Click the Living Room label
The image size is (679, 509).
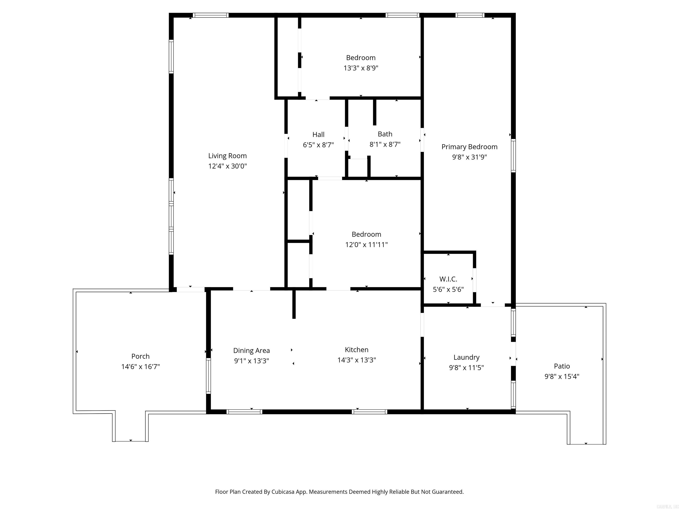227,156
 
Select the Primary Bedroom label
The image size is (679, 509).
469,147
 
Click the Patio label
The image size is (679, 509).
561,366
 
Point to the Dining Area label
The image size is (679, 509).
251,350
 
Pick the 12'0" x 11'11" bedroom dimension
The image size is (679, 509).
366,245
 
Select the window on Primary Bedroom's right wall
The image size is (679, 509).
513,155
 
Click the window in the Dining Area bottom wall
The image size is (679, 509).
244,412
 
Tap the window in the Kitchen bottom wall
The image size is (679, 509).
369,412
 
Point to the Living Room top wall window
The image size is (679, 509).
211,15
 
